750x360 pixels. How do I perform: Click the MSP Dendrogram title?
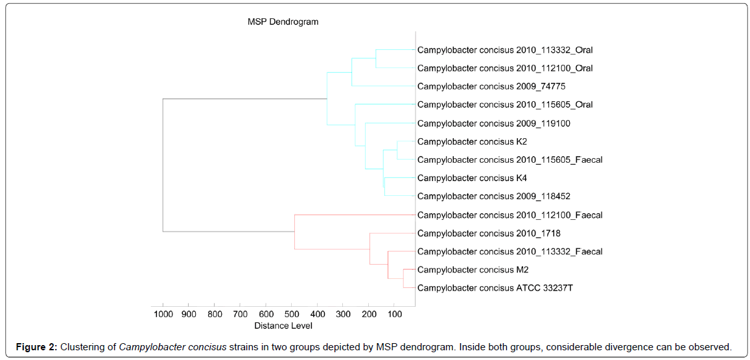pyautogui.click(x=283, y=22)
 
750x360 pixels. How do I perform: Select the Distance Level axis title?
pyautogui.click(x=283, y=326)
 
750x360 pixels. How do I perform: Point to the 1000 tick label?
pyautogui.click(x=163, y=314)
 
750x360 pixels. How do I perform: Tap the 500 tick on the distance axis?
pyautogui.click(x=291, y=314)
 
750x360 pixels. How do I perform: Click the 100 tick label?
pyautogui.click(x=394, y=314)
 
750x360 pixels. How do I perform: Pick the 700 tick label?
pyautogui.click(x=240, y=314)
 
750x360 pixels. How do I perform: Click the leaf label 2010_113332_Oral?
pyautogui.click(x=504, y=50)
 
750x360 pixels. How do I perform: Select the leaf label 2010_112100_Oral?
pyautogui.click(x=504, y=68)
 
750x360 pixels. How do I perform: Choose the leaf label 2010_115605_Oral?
pyautogui.click(x=504, y=104)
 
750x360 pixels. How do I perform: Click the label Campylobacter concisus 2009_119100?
pyautogui.click(x=493, y=123)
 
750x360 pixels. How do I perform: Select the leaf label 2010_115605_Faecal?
pyautogui.click(x=510, y=160)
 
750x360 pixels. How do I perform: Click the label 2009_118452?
pyautogui.click(x=493, y=197)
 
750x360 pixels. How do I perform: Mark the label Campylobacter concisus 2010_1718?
pyautogui.click(x=489, y=234)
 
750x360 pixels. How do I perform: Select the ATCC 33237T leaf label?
pyautogui.click(x=495, y=288)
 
